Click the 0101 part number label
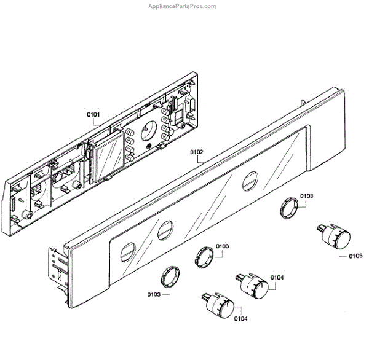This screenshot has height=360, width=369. tap(95, 114)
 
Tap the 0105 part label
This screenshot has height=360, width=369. tap(355, 257)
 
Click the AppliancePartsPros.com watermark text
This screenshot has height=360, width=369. tap(183, 6)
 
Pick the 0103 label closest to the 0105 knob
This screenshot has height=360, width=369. tap(306, 196)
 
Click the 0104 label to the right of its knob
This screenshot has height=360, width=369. tap(277, 278)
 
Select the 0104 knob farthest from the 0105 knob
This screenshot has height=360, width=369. tap(220, 306)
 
